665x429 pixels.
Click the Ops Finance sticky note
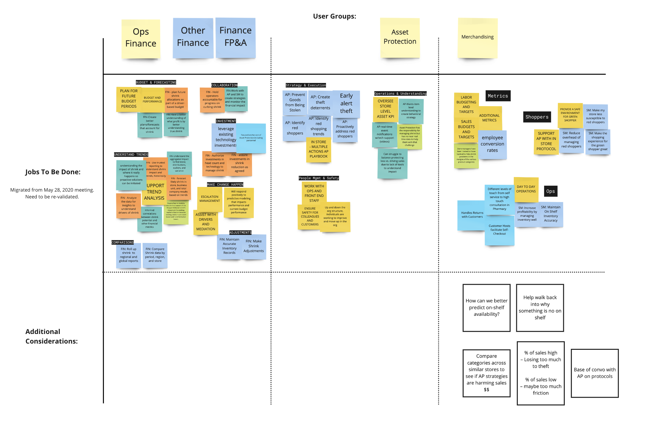[141, 38]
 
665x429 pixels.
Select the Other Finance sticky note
[193, 37]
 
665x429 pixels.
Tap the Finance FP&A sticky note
[235, 37]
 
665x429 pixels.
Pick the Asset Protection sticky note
[400, 37]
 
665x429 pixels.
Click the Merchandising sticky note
[477, 37]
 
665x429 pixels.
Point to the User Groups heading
[334, 16]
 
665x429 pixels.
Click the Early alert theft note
[346, 103]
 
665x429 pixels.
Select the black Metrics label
[498, 96]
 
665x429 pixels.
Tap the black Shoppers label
[537, 117]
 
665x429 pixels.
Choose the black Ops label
[550, 191]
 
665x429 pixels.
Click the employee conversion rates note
[492, 144]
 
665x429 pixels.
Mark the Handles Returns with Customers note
[471, 215]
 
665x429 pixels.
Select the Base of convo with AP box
[594, 373]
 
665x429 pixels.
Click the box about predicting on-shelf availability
[486, 308]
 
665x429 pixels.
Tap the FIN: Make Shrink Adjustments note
[253, 246]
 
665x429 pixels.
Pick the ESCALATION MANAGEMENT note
[210, 199]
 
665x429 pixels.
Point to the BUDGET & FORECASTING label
[156, 82]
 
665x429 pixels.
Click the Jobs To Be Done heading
[53, 172]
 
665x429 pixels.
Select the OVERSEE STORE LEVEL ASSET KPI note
[385, 109]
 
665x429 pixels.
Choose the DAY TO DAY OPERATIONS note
[526, 189]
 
